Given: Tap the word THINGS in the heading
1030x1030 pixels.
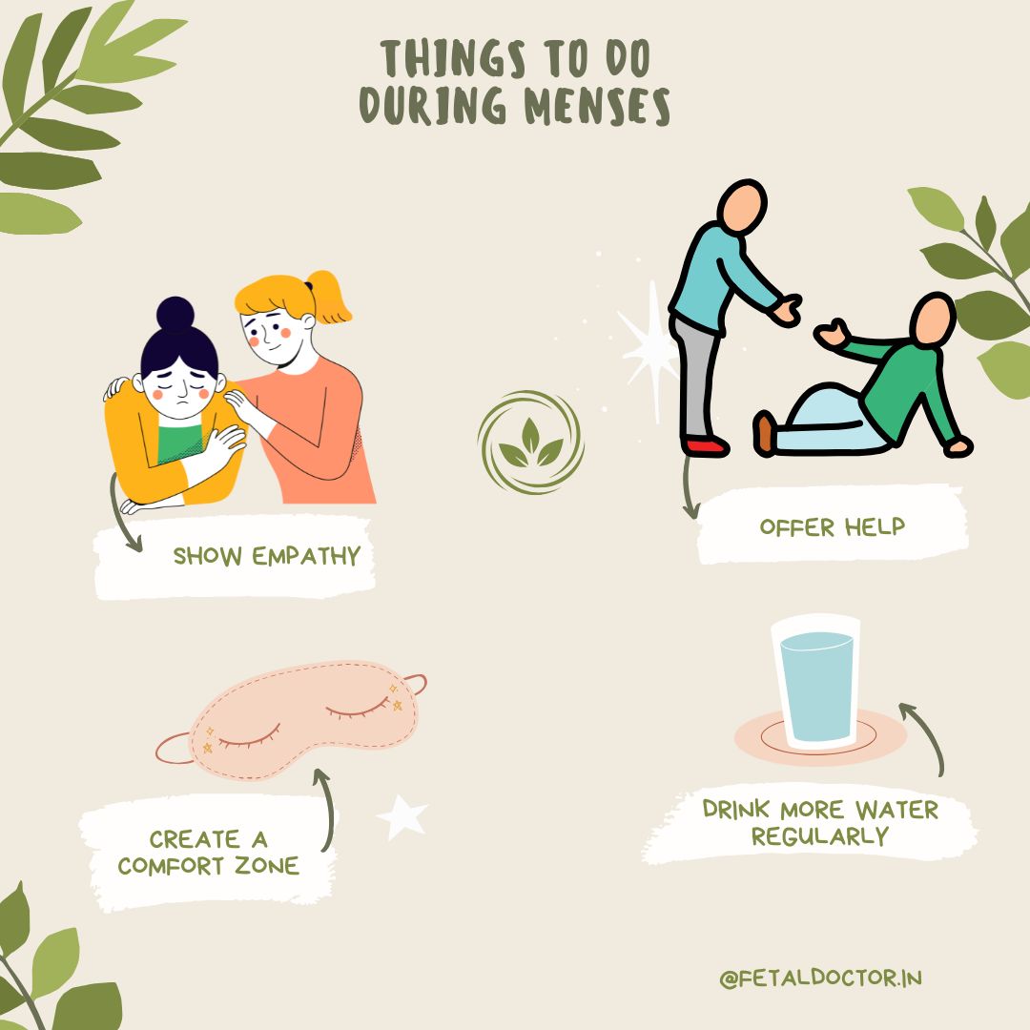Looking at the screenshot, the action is tap(453, 58).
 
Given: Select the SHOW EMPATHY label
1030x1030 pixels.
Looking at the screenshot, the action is tap(267, 556).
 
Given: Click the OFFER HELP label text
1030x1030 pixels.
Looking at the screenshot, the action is tap(833, 526).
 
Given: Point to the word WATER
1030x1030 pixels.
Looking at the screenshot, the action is tap(896, 810).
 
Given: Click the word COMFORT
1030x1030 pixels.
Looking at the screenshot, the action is tap(172, 866).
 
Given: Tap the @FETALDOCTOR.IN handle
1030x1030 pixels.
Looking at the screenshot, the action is tap(820, 978).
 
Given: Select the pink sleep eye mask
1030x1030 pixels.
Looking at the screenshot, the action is tap(292, 719).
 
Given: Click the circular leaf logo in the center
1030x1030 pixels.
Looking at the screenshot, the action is tap(531, 443).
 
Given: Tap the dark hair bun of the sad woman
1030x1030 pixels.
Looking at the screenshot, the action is tap(175, 314).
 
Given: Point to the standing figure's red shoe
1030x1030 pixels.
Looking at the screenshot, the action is tap(705, 446).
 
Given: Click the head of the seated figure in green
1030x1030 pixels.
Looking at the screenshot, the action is tap(934, 319).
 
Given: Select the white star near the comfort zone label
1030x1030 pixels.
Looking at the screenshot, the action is tap(402, 816).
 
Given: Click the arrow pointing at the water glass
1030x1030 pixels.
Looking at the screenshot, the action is tap(928, 734).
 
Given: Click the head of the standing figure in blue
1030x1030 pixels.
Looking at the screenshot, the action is tap(742, 207).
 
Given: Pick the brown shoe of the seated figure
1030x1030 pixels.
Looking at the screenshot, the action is tap(764, 433).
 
